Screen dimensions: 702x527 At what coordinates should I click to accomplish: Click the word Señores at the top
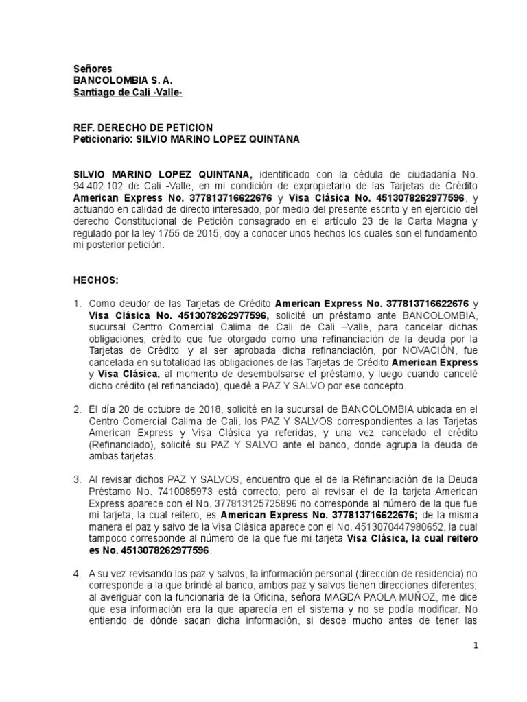[x=88, y=69]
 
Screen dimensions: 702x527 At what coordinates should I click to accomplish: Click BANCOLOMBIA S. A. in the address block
[x=117, y=80]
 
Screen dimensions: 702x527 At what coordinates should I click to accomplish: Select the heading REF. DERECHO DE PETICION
[x=143, y=128]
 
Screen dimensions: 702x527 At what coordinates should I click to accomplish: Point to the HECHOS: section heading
[x=95, y=281]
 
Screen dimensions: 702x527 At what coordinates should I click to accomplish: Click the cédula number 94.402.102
[x=101, y=186]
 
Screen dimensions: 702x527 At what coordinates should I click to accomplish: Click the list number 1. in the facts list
[x=78, y=302]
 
